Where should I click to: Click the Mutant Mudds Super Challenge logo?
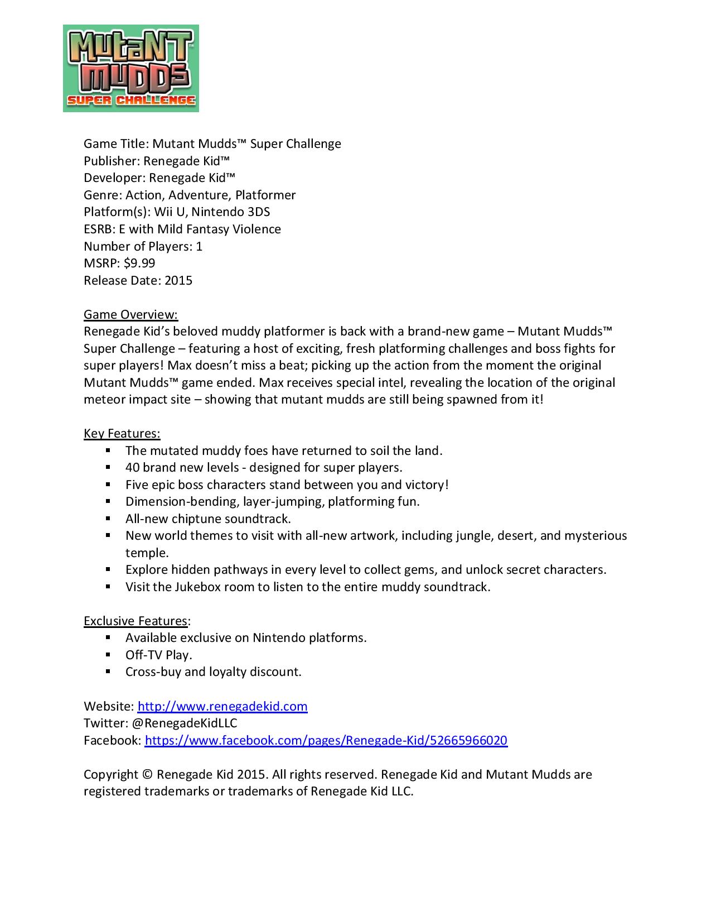click(131, 68)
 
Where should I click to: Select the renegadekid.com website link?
click(223, 706)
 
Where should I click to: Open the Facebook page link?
click(326, 740)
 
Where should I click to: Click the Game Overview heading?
click(130, 314)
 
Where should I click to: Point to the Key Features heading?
click(122, 434)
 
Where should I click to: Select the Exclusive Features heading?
click(136, 621)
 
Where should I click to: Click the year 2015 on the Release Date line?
click(178, 280)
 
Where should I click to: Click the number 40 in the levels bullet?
click(132, 467)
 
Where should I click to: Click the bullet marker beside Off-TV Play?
click(108, 655)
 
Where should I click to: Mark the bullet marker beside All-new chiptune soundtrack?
click(108, 519)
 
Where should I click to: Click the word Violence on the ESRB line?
click(257, 229)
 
